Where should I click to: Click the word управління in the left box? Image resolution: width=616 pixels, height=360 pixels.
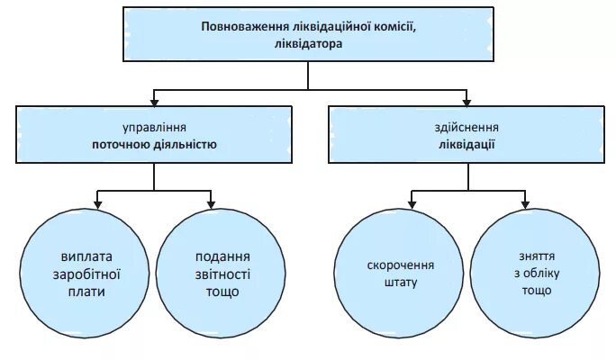tap(154, 128)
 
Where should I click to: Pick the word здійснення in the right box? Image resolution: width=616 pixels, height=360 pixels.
tap(466, 128)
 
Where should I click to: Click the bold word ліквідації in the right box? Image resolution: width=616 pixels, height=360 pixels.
tap(466, 143)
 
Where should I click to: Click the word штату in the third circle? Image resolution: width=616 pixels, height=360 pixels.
tap(401, 283)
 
